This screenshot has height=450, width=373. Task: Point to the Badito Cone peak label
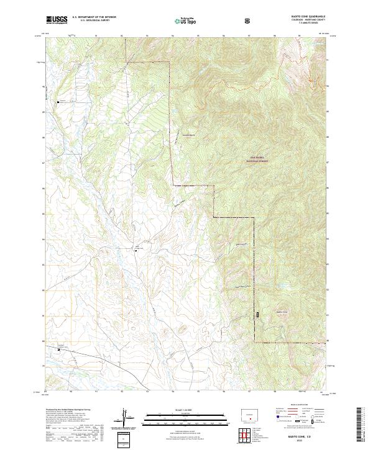click(x=282, y=312)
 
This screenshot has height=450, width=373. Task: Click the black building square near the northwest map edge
click(x=59, y=102)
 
